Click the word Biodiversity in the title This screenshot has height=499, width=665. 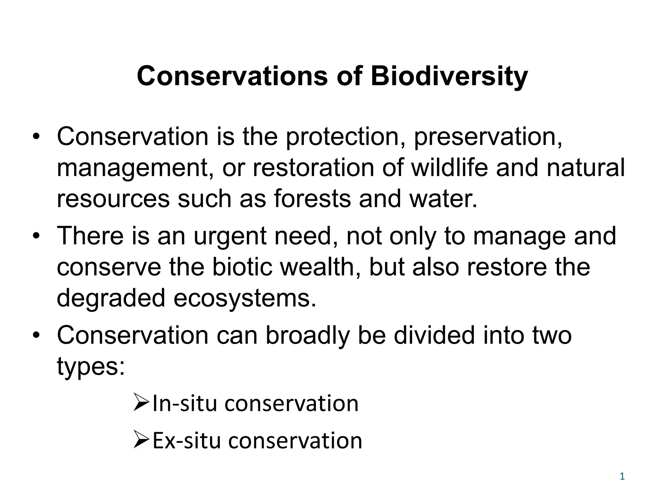(x=449, y=77)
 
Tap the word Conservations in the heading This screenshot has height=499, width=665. (x=232, y=77)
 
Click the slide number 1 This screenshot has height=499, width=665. (x=622, y=477)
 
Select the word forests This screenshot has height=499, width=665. (x=312, y=198)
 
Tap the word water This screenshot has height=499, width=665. (x=443, y=198)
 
